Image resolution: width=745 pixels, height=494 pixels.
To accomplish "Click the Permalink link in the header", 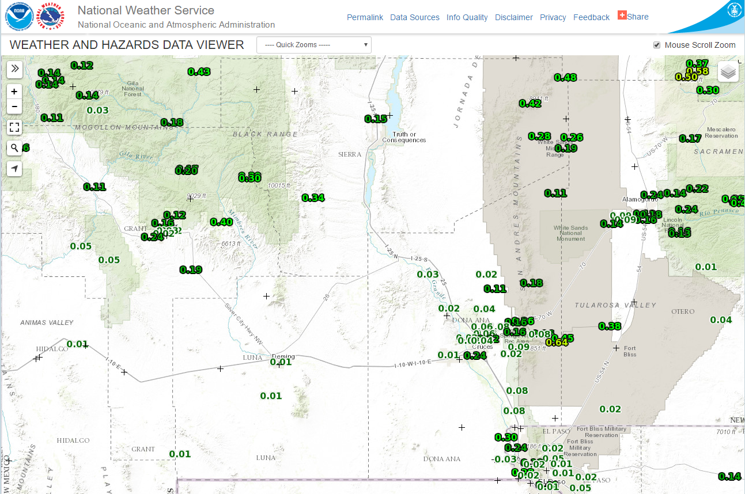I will point(365,17).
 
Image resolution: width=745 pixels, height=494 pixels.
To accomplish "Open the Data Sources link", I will point(414,17).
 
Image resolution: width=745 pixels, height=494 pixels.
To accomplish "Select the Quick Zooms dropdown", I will point(314,45).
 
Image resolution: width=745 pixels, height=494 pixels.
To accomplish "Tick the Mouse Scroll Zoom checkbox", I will point(657,45).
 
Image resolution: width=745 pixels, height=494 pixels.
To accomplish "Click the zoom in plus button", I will point(14,91).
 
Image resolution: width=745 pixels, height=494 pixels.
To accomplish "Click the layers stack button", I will point(728,72).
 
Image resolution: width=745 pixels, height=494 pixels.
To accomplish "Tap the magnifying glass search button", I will point(14,148).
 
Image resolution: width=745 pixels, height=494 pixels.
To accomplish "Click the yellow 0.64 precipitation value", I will point(557,343).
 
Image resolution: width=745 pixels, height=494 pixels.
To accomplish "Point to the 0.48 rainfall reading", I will point(565,78).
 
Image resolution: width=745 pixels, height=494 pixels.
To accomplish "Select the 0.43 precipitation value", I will point(199,72).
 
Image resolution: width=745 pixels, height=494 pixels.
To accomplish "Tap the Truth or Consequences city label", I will point(404,137).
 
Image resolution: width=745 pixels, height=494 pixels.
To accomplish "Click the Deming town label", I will point(283,356).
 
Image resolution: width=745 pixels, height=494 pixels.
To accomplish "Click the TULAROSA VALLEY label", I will point(615,305).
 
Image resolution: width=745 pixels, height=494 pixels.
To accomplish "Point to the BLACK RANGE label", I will point(265,134).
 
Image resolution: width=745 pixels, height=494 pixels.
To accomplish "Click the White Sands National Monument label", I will point(570,233).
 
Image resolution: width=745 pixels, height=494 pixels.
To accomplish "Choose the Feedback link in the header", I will point(591,17).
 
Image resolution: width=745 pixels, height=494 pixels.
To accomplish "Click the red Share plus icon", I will point(622,16).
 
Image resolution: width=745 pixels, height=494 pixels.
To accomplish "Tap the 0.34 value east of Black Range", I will point(313,198).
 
